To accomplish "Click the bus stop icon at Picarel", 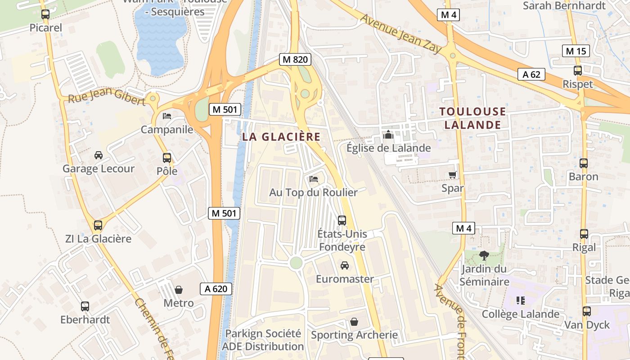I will tap(45, 14).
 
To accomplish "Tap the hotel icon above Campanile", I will tap(167, 116).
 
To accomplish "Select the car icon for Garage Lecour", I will tap(98, 155).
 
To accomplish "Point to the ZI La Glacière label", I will tap(98, 238).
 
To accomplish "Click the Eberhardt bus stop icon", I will tap(85, 306).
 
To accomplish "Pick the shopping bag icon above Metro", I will tap(179, 289).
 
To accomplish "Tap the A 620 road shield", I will tap(216, 289).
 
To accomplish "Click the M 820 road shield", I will tap(295, 59).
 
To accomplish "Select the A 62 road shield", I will tap(531, 74).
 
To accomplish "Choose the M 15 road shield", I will tap(576, 51).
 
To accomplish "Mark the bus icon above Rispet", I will tap(578, 71).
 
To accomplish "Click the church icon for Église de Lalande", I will tap(388, 135).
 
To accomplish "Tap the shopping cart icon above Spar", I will tap(453, 175).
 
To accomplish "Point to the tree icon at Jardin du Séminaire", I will tap(484, 256).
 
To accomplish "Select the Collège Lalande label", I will tap(520, 314).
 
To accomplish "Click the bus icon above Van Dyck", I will tap(587, 311).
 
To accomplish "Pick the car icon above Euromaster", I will tap(345, 265).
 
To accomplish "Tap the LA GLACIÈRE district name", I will tap(281, 137).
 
